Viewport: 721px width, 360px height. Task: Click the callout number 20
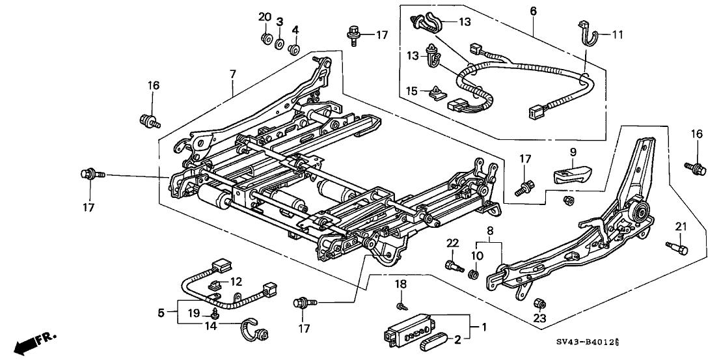(264, 16)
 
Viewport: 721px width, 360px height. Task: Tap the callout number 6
(533, 10)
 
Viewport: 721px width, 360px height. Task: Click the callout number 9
(573, 152)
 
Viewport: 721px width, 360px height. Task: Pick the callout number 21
(681, 226)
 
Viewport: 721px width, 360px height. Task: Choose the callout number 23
(540, 319)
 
